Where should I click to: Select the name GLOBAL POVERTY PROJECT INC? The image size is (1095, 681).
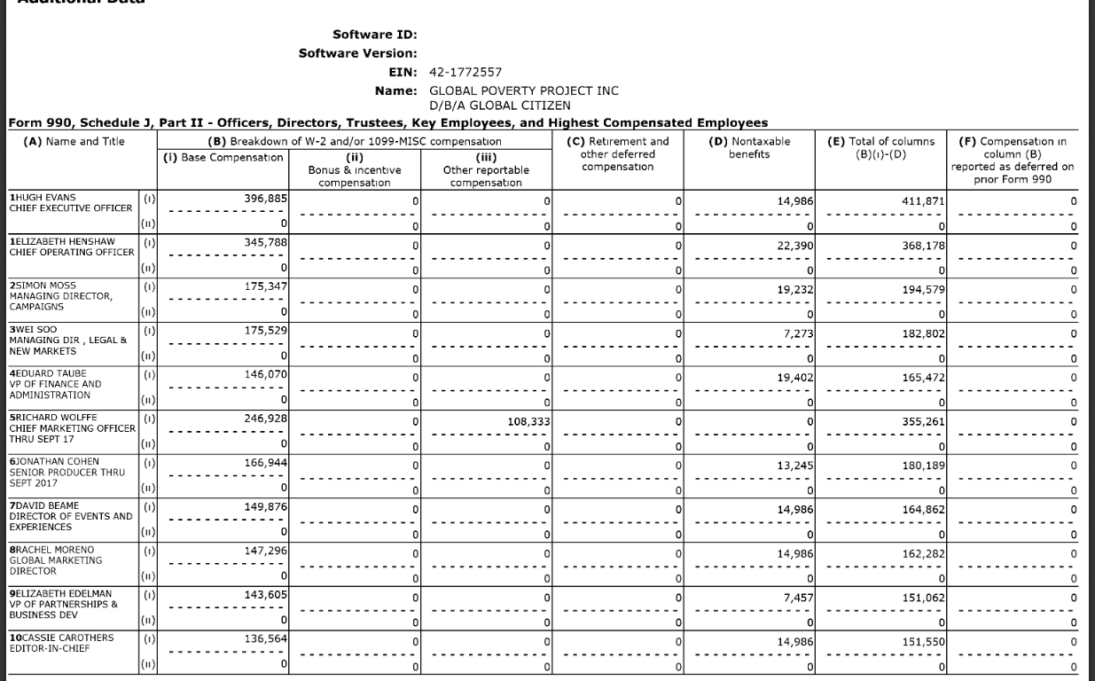coord(523,90)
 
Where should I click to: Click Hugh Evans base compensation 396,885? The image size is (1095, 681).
coord(265,197)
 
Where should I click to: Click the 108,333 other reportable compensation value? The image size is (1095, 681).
coord(528,422)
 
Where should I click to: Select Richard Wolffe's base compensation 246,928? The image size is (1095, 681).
coord(265,417)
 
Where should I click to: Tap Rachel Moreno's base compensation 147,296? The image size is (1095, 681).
coord(265,550)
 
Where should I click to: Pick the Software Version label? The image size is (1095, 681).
coord(358,53)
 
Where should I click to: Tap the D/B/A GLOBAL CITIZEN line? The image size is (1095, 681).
coord(499,106)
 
